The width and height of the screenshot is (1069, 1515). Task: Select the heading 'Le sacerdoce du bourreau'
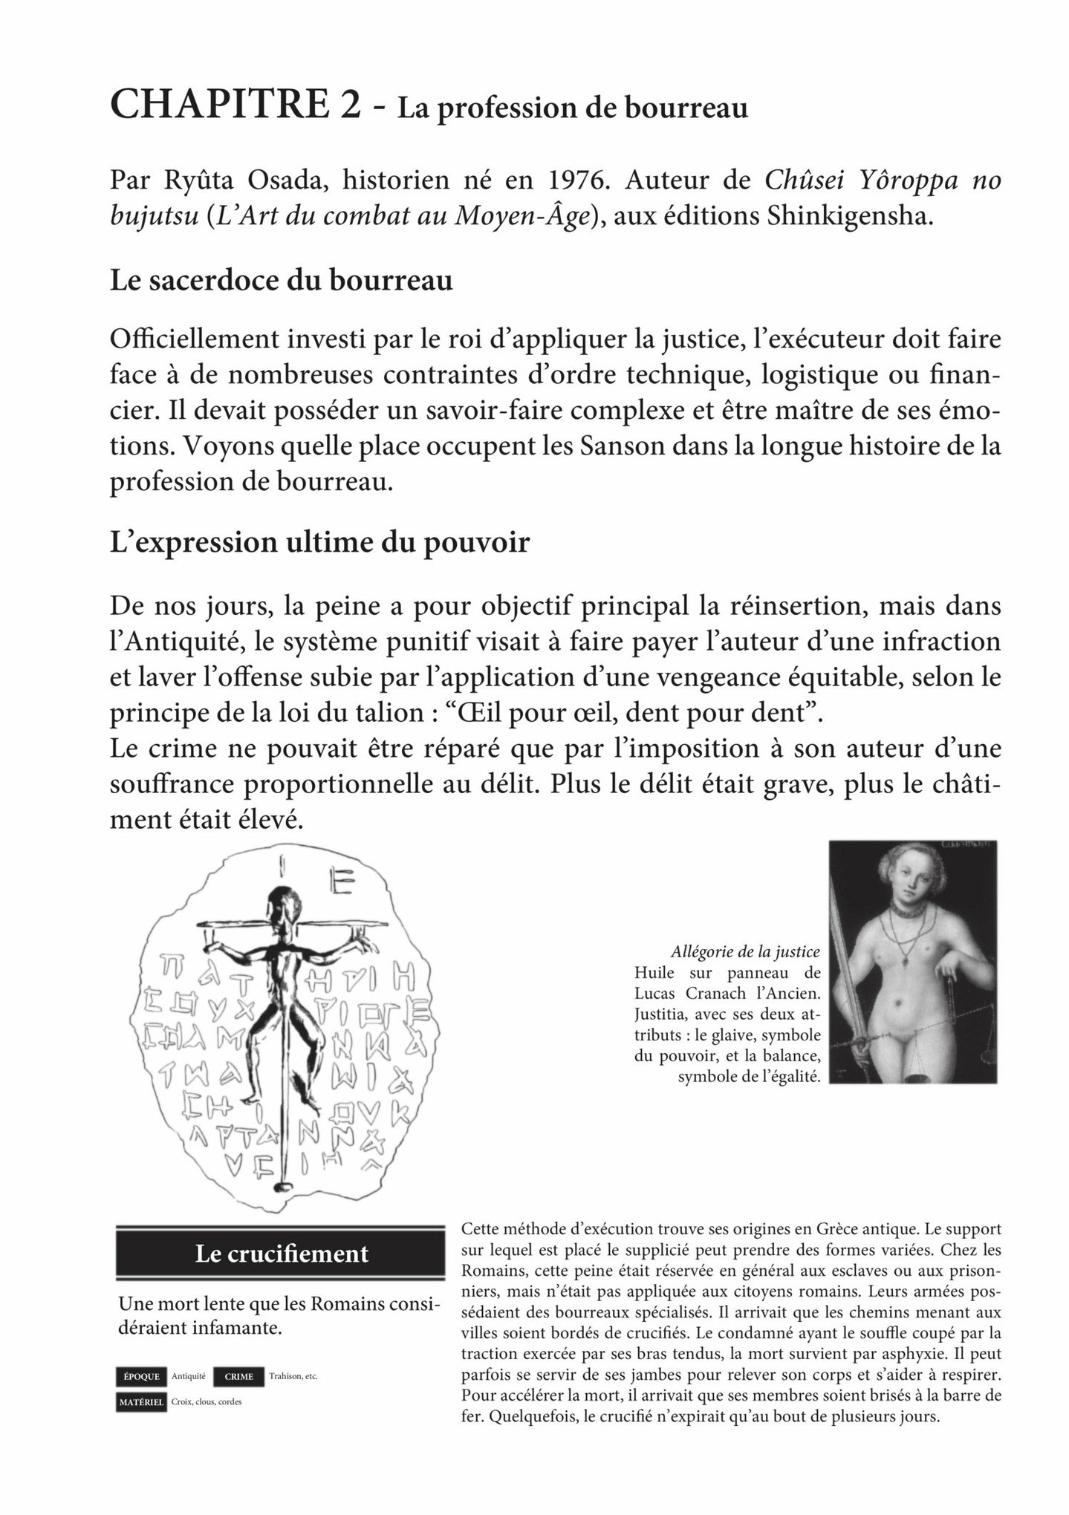coord(281,281)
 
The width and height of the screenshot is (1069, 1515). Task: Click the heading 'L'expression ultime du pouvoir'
coord(319,541)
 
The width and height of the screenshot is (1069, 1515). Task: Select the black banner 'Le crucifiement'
coord(281,1254)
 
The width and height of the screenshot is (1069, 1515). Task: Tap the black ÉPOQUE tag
coord(140,1375)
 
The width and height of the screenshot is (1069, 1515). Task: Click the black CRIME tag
coord(238,1376)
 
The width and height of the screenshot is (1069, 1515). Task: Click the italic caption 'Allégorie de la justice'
coord(744,951)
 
